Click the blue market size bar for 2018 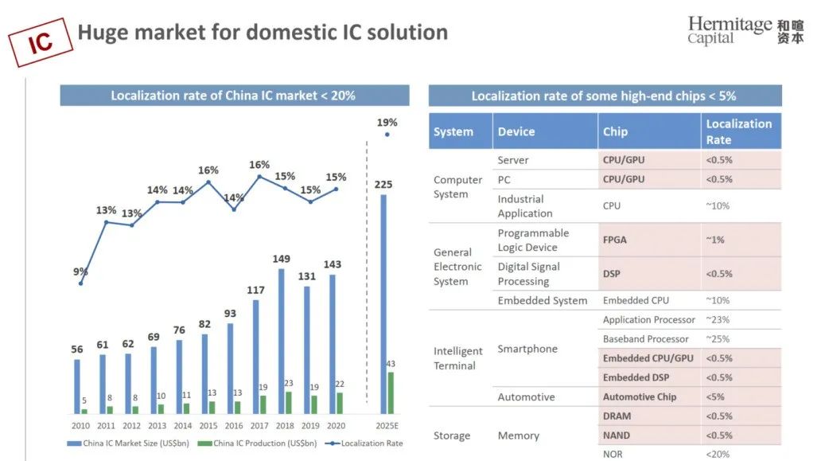(281, 341)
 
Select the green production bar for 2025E (391, 393)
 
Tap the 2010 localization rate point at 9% (80, 283)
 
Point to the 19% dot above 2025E (387, 135)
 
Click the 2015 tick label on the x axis (208, 426)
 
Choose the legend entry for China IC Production (257, 443)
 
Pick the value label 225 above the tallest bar (383, 185)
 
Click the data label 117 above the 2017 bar (255, 291)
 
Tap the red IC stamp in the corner (41, 42)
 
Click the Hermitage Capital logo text (730, 30)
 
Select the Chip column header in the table (615, 131)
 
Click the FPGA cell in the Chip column (615, 240)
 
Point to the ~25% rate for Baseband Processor (718, 339)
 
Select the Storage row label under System (451, 436)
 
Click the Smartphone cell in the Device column (527, 349)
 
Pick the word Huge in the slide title (103, 33)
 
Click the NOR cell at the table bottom (613, 454)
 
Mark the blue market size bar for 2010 (77, 387)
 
